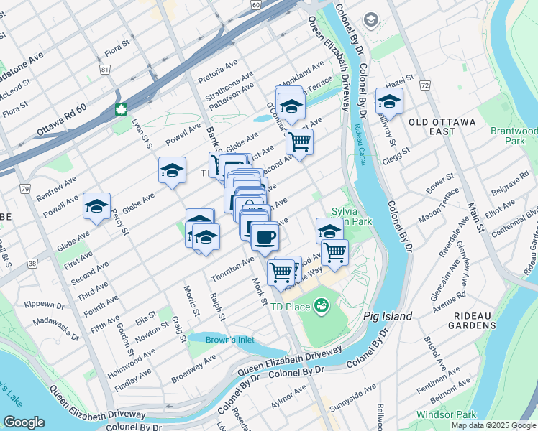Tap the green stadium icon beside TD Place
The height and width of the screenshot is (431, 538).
[321, 307]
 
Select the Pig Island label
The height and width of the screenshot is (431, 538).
[388, 316]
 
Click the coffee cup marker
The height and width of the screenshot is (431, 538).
[264, 236]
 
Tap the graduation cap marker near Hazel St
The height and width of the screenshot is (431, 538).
[389, 101]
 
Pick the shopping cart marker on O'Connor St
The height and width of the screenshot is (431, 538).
[299, 140]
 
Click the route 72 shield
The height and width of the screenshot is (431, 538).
[425, 85]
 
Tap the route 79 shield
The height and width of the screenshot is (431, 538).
[25, 189]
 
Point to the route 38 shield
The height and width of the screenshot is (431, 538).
[32, 264]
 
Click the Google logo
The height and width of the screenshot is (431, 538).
[24, 422]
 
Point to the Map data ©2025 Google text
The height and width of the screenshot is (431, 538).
[493, 425]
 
